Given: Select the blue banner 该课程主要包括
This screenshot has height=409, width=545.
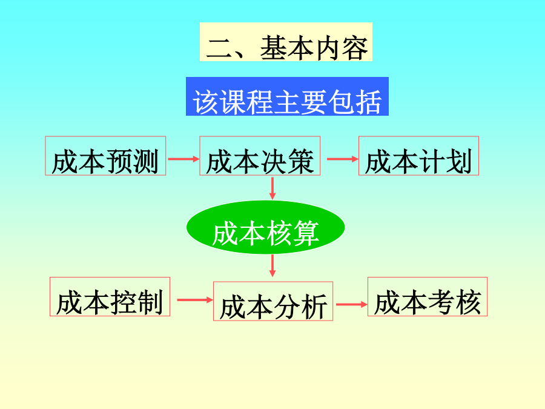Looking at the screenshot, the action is (x=287, y=96).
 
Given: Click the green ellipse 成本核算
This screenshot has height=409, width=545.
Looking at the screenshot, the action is (x=266, y=227).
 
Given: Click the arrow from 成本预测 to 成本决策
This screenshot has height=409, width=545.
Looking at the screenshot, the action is (x=183, y=159).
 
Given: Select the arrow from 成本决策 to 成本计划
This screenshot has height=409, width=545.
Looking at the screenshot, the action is (x=342, y=159).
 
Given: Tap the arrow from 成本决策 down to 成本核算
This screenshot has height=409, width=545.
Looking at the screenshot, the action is (x=272, y=188).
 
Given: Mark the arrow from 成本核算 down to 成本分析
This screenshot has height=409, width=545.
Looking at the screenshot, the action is (x=272, y=266).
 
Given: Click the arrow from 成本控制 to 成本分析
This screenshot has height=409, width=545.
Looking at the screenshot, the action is (x=194, y=300).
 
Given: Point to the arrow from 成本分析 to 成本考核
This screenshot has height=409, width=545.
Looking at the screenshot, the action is (x=352, y=304).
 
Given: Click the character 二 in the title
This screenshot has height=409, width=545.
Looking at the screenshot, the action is (x=219, y=48).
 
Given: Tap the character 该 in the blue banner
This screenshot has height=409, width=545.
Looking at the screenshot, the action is (x=205, y=102).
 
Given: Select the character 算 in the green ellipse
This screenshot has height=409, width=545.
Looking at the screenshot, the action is (x=306, y=233).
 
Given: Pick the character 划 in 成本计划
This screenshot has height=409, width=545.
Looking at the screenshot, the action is (x=459, y=161).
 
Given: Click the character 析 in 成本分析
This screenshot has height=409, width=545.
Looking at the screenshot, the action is (x=314, y=307).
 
